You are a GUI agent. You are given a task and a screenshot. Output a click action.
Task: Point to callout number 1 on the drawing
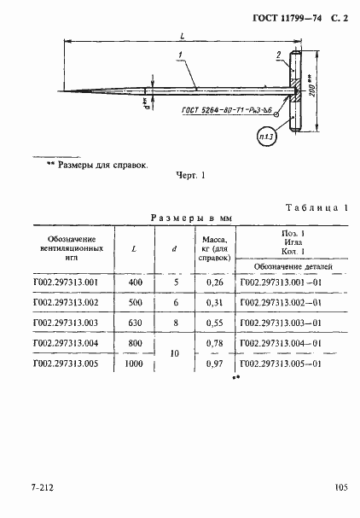[182, 57]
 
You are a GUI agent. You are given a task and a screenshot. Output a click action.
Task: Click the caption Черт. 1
[191, 177]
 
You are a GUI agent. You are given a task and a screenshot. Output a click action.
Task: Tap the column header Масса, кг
[212, 245]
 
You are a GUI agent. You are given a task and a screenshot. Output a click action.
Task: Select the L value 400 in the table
[136, 282]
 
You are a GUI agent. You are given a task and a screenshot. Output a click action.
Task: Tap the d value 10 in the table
[174, 354]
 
